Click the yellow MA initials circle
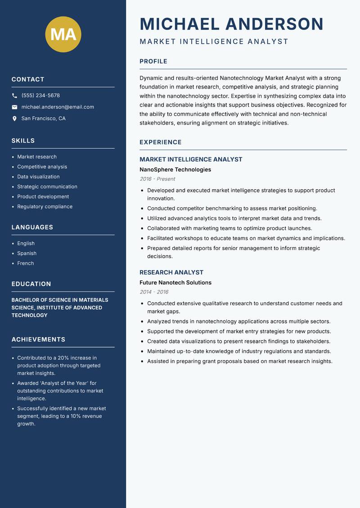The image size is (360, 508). coord(63,35)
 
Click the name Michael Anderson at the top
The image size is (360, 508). coord(231,24)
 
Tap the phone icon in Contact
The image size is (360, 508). coord(15,96)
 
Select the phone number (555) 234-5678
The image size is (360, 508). coord(40,96)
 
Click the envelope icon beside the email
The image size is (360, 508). coord(15,107)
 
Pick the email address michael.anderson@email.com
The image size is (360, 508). coord(58,107)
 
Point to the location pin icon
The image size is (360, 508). coord(15,119)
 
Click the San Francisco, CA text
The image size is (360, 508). coord(43,119)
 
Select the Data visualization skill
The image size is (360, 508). coord(38,177)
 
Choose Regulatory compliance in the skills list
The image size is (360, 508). coord(45,207)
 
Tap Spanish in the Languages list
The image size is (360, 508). coord(27,254)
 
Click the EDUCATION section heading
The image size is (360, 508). coord(31,284)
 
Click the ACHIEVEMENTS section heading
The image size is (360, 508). coord(38,339)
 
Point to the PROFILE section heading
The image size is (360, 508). coord(153,62)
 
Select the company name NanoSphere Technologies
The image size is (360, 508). coord(175,170)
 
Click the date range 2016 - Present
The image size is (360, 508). coord(157,179)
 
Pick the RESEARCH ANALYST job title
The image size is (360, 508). coord(171,272)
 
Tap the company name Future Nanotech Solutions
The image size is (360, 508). coord(175,283)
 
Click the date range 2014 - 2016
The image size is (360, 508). coord(154,292)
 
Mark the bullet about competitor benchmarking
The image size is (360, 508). coord(232,209)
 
